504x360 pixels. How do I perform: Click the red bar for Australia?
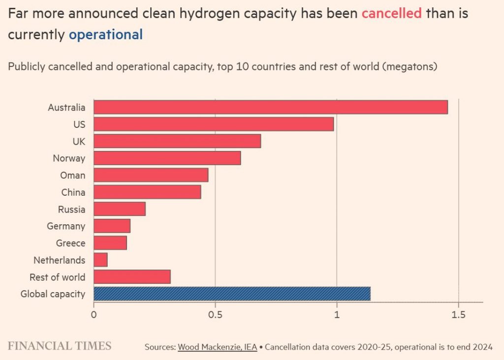click(271, 107)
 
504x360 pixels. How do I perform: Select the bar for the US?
click(214, 124)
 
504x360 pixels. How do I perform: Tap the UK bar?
click(177, 141)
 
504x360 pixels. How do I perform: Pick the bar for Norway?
click(167, 158)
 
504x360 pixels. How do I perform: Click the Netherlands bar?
click(100, 260)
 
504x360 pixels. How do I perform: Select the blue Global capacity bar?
click(232, 294)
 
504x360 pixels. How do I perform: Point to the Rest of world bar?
click(132, 277)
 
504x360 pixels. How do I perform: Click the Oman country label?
click(72, 175)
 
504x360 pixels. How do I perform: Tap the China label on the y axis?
click(73, 192)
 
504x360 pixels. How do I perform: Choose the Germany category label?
click(66, 226)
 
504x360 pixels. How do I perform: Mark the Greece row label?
click(70, 243)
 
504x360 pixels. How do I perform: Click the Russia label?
click(71, 209)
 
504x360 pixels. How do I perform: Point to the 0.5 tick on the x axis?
click(215, 314)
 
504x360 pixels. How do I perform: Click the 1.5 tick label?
click(458, 314)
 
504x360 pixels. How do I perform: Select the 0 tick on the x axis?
click(94, 314)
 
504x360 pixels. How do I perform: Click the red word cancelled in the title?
click(391, 13)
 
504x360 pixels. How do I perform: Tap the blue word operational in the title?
click(106, 35)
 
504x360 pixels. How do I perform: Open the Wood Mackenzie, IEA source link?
click(217, 347)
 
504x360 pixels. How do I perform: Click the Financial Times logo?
click(60, 346)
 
